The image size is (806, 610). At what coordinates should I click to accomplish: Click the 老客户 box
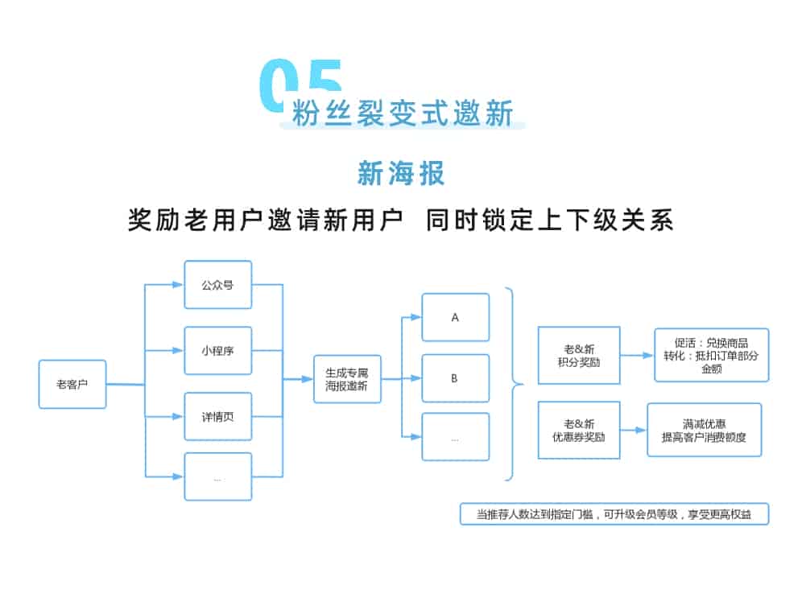(72, 385)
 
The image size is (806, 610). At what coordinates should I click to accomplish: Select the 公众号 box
(218, 285)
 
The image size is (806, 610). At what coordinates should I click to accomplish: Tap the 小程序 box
(218, 351)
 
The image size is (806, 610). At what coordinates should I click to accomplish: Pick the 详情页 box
(218, 416)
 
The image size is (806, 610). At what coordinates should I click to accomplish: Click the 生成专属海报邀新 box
(348, 379)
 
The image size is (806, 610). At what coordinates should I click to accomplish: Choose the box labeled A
(456, 317)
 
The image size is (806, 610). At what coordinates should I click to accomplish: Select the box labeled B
(456, 378)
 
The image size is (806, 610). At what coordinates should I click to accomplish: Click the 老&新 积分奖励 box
(579, 355)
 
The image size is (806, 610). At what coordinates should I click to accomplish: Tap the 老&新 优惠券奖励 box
(579, 430)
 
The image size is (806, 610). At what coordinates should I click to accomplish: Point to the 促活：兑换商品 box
(712, 355)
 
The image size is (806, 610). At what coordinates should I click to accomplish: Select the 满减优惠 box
(705, 430)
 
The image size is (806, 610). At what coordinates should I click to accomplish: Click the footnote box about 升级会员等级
(614, 514)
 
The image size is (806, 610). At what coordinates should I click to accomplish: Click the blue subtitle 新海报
(401, 173)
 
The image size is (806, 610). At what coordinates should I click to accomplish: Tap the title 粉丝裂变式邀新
(403, 113)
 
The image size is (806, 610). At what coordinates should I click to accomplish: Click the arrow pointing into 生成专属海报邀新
(298, 379)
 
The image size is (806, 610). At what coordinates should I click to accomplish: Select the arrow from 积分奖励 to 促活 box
(637, 355)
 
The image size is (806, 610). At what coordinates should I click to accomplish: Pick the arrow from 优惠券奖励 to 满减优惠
(633, 430)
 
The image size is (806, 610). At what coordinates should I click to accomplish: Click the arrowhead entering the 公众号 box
(178, 285)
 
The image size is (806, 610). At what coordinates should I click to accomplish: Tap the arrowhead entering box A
(415, 317)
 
